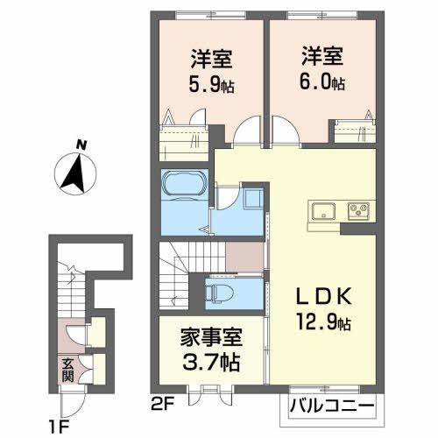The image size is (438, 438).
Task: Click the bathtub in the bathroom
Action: pyautogui.click(x=184, y=186)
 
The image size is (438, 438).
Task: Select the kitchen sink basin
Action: pyautogui.click(x=321, y=211)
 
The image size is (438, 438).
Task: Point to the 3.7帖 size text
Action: pyautogui.click(x=211, y=361)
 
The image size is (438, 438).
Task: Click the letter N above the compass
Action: pyautogui.click(x=81, y=145)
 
